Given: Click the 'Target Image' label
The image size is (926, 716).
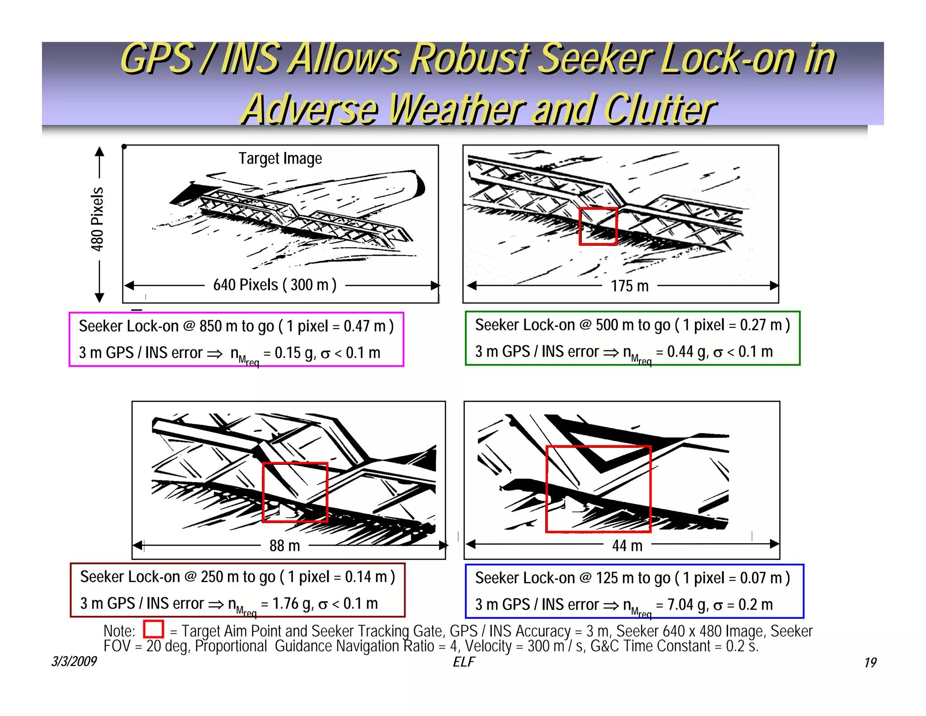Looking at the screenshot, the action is (280, 159).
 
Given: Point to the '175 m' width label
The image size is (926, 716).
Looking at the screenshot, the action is (630, 286).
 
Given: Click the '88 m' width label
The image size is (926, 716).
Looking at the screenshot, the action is (285, 546).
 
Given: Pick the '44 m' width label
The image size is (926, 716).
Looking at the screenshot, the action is (627, 546).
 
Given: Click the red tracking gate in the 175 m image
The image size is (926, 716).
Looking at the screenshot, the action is (580, 226).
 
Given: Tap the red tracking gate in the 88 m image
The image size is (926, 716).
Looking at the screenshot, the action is (264, 492).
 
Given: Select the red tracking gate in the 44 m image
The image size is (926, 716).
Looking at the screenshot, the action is (547, 489).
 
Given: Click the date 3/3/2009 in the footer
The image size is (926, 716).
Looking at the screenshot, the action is (74, 662).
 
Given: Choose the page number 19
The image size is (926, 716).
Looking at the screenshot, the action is (870, 663).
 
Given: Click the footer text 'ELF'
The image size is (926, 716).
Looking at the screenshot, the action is (464, 662).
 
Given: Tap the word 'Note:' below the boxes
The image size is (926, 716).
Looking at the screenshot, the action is (119, 631).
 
